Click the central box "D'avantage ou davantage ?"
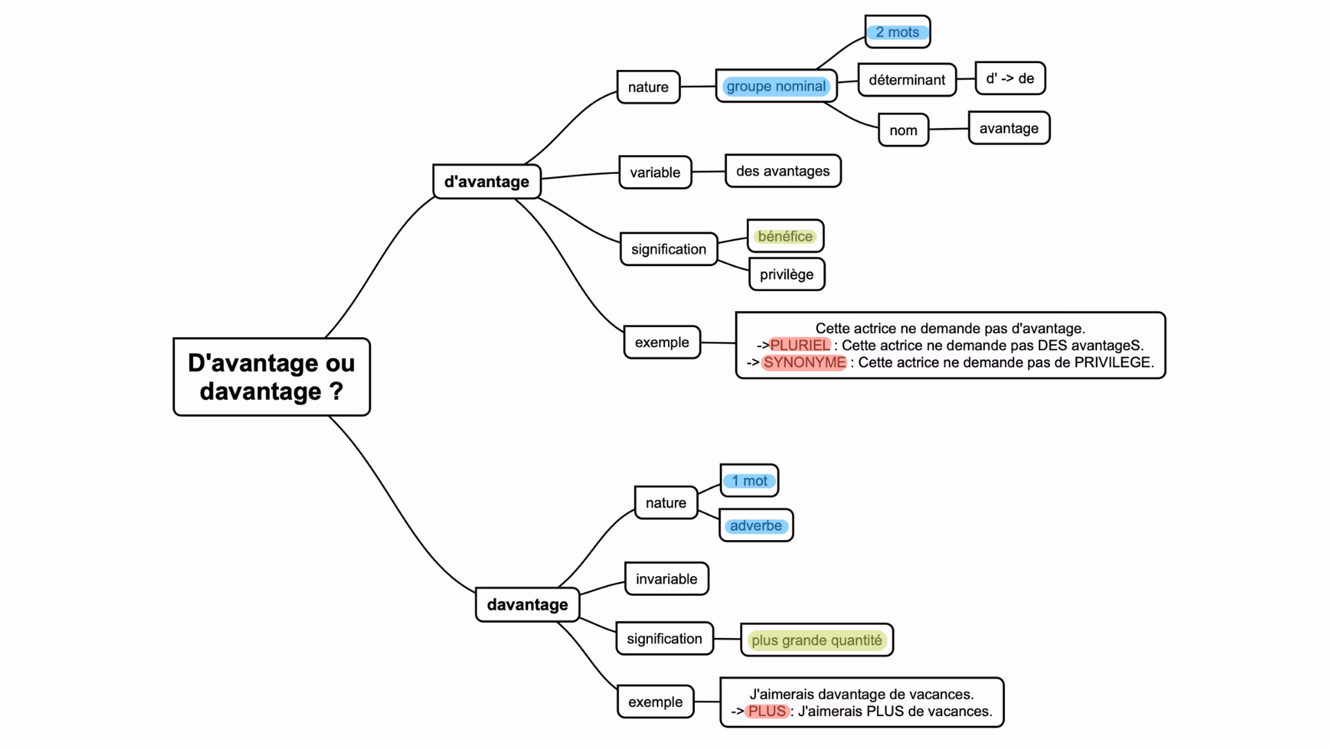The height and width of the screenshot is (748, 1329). pyautogui.click(x=271, y=377)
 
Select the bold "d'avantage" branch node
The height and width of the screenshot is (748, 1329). pyautogui.click(x=487, y=181)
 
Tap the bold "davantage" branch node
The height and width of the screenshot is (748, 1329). pyautogui.click(x=527, y=605)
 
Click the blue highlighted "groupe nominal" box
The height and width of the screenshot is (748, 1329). pyautogui.click(x=776, y=87)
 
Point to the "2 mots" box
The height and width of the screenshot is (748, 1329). pyautogui.click(x=897, y=32)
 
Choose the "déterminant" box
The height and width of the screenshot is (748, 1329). pyautogui.click(x=907, y=80)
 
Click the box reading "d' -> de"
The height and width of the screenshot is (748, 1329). pyautogui.click(x=1010, y=78)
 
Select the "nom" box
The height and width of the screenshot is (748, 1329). pyautogui.click(x=903, y=130)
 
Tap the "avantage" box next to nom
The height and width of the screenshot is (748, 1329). pyautogui.click(x=1009, y=128)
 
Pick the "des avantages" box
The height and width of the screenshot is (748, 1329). pyautogui.click(x=783, y=171)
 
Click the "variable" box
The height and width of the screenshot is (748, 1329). pyautogui.click(x=655, y=172)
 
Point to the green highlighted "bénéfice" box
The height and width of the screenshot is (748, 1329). pyautogui.click(x=785, y=236)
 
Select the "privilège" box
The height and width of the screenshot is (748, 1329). pyautogui.click(x=786, y=274)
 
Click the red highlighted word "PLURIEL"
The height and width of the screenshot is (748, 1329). pyautogui.click(x=799, y=345)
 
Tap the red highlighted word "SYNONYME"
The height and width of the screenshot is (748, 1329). pyautogui.click(x=804, y=362)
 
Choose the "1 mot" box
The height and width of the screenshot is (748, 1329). pyautogui.click(x=750, y=481)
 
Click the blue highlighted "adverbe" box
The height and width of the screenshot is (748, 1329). pyautogui.click(x=756, y=526)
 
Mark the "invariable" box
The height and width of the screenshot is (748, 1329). pyautogui.click(x=667, y=579)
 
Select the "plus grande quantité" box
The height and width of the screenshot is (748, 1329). pyautogui.click(x=817, y=640)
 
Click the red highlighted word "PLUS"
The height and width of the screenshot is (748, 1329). pyautogui.click(x=767, y=711)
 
